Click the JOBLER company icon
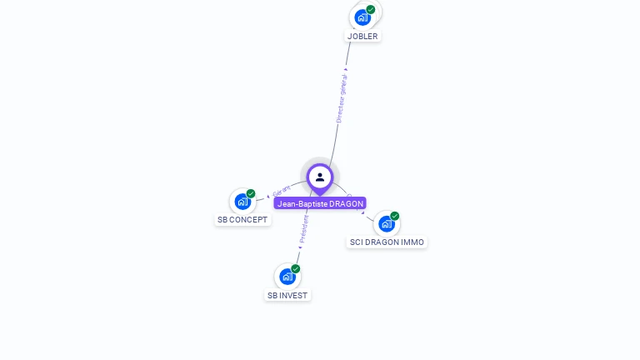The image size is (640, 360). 362,17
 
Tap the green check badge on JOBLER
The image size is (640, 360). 371,9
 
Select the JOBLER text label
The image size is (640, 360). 362,37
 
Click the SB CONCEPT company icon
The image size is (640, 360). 242,201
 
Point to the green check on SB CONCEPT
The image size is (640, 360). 251,193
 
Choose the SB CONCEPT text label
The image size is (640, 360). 242,220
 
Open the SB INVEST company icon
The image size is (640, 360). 287,276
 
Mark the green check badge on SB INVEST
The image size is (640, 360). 296,268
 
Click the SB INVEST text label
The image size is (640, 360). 287,296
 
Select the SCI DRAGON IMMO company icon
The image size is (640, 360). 386,223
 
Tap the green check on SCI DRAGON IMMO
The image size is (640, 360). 395,216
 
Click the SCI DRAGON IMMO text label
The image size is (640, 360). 387,242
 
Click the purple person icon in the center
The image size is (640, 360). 320,177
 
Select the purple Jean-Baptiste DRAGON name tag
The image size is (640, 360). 320,204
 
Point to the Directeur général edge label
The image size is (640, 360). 342,98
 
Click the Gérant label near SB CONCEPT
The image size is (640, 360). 281,191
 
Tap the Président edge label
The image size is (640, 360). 303,229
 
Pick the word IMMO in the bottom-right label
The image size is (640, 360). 411,242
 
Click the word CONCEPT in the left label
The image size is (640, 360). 249,220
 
